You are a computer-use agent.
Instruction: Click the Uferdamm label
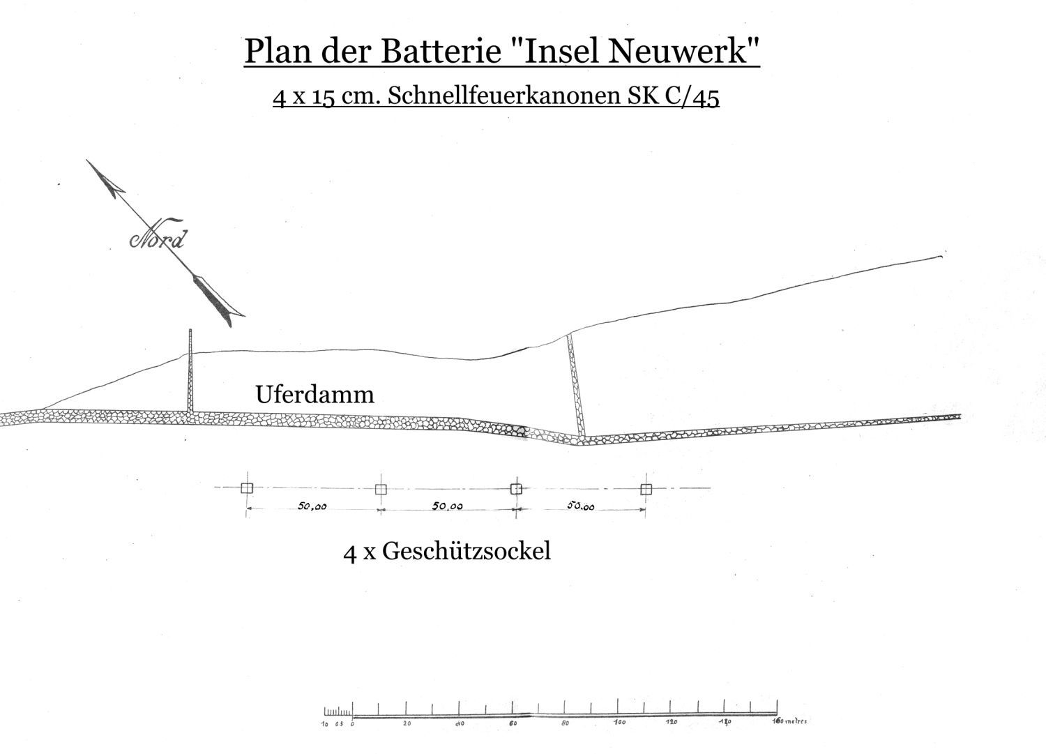pyautogui.click(x=314, y=395)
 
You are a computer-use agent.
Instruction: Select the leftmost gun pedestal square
pyautogui.click(x=246, y=488)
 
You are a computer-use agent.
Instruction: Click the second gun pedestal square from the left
pyautogui.click(x=381, y=489)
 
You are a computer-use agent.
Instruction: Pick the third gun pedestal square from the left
pyautogui.click(x=516, y=488)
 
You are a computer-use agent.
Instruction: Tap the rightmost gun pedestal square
pyautogui.click(x=646, y=489)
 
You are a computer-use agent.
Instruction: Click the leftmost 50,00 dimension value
pyautogui.click(x=312, y=507)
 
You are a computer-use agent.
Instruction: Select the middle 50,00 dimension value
pyautogui.click(x=447, y=506)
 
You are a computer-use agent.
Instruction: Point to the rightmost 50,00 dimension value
pyautogui.click(x=580, y=507)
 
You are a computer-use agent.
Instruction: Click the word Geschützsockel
pyautogui.click(x=467, y=551)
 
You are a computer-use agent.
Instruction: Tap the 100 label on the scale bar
pyautogui.click(x=619, y=723)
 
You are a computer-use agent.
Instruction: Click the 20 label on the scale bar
pyautogui.click(x=407, y=724)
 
